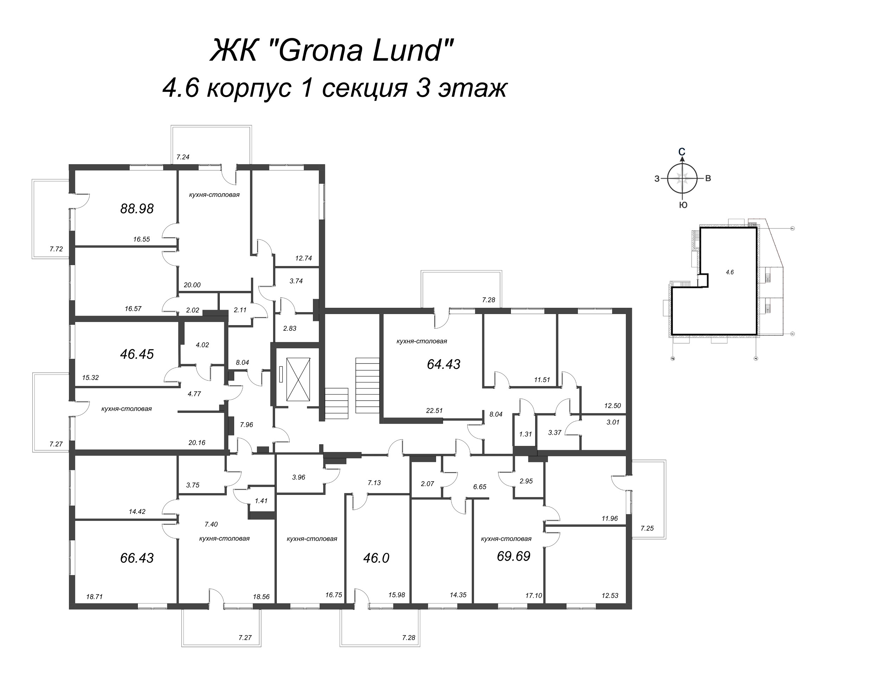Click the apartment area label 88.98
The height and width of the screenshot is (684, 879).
[x=137, y=208]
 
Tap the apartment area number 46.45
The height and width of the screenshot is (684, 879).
[x=137, y=354]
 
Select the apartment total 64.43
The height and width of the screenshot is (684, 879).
[x=443, y=364]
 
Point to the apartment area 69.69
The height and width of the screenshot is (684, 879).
[x=514, y=556]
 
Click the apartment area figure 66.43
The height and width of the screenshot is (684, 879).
[x=137, y=558]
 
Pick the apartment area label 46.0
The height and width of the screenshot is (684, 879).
[x=376, y=558]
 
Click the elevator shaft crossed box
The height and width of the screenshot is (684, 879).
[x=298, y=379]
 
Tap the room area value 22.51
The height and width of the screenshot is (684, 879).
[x=434, y=411]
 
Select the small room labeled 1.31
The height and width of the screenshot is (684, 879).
[x=525, y=434]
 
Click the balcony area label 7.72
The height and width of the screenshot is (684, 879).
[x=56, y=249]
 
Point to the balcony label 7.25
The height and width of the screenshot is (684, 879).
[x=647, y=528]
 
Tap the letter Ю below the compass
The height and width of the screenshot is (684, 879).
[x=683, y=205]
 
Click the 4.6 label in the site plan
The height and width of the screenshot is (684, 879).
[x=730, y=272]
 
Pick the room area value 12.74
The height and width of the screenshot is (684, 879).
[x=303, y=258]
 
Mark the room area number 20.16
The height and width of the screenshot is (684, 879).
[x=197, y=443]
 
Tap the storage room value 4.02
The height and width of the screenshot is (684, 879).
[x=202, y=345]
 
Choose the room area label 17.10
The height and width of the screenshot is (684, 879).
[x=534, y=595]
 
